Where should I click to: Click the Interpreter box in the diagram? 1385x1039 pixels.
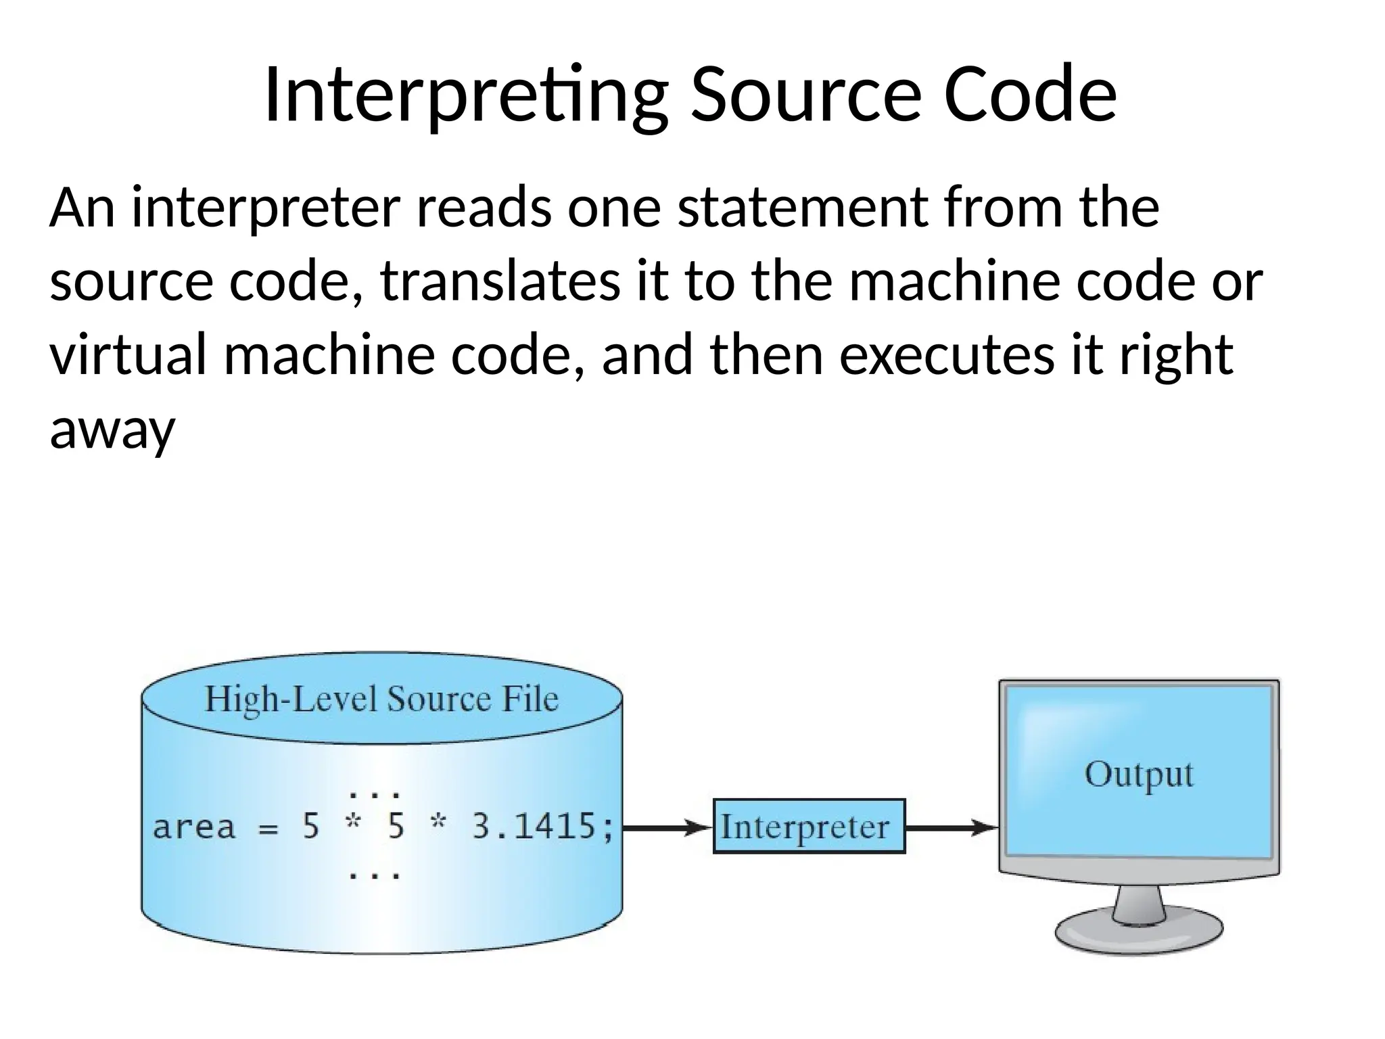tap(809, 827)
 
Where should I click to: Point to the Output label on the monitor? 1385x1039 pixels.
tap(1139, 775)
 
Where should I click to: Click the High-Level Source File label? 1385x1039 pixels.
tap(381, 699)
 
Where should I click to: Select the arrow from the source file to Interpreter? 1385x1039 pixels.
tap(667, 827)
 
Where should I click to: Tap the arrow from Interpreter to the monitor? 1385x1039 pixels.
tap(951, 827)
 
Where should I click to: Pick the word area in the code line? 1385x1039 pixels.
tap(194, 827)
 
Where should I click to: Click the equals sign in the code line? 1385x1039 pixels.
tap(269, 829)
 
